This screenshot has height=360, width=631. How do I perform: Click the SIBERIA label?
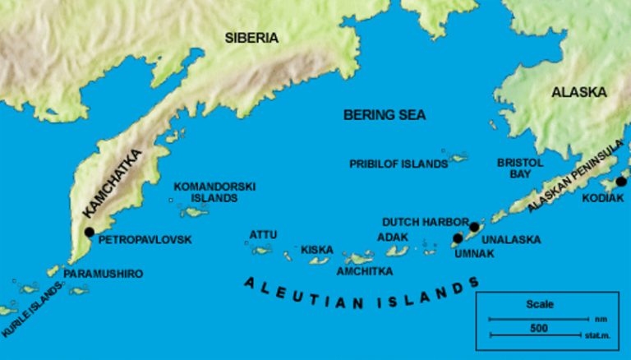tap(251, 38)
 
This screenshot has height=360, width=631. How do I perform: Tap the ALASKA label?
tap(578, 92)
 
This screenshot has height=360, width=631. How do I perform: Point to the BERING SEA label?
tap(385, 116)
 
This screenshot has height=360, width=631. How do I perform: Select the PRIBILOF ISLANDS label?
tap(398, 164)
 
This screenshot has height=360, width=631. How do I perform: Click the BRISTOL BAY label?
tap(520, 168)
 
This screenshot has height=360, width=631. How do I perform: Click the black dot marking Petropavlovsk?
tap(89, 233)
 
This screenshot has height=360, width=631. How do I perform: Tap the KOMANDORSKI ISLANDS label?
tap(214, 192)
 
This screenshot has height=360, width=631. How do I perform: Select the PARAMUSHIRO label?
tap(103, 272)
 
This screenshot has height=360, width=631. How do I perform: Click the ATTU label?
tap(261, 234)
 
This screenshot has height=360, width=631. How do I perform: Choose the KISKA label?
tap(316, 249)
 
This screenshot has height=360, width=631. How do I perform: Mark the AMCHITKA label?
tap(365, 270)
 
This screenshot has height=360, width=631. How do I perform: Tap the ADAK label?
tap(392, 237)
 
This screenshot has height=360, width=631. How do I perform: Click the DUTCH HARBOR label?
tap(424, 222)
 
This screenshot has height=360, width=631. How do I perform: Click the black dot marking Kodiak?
tap(621, 182)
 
